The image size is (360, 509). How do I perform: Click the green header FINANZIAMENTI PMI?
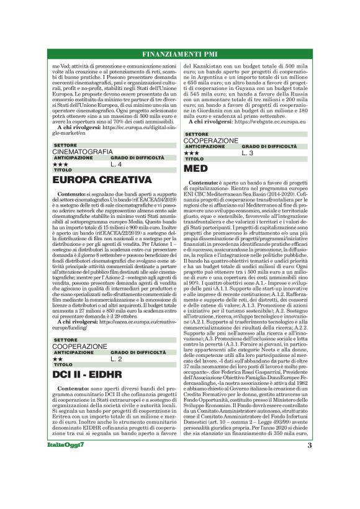179,54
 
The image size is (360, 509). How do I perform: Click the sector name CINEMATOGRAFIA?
83,151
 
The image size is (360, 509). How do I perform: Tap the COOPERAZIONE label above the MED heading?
211,140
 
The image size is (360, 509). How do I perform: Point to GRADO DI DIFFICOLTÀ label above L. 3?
264,146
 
